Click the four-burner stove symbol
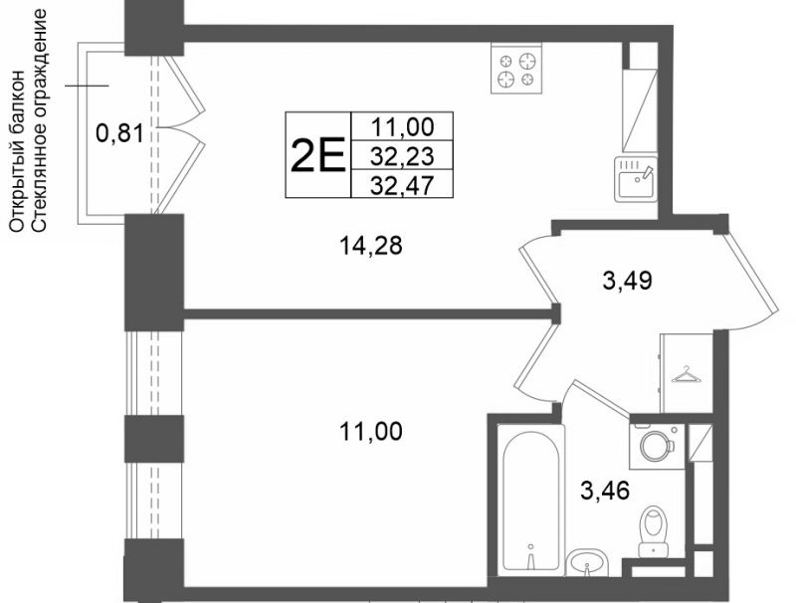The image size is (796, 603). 516,68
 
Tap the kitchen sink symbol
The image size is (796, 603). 636,179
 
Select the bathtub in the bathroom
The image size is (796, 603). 531,501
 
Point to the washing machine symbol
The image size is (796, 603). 658,446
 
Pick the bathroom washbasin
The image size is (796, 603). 587,563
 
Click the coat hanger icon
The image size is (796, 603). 686,375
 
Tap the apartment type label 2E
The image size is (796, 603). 317,155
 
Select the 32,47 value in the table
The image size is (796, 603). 402,184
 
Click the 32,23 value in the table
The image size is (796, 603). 402,156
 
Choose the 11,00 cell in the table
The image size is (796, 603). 403,126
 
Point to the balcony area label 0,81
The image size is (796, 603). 119,134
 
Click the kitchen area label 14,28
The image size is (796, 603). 370,246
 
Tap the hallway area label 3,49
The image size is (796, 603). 627,281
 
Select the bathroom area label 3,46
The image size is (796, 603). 605,491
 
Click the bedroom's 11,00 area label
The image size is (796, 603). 370,432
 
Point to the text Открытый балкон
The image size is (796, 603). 17,151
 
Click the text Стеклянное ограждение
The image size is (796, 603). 40,120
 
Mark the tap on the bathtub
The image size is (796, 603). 530,557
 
